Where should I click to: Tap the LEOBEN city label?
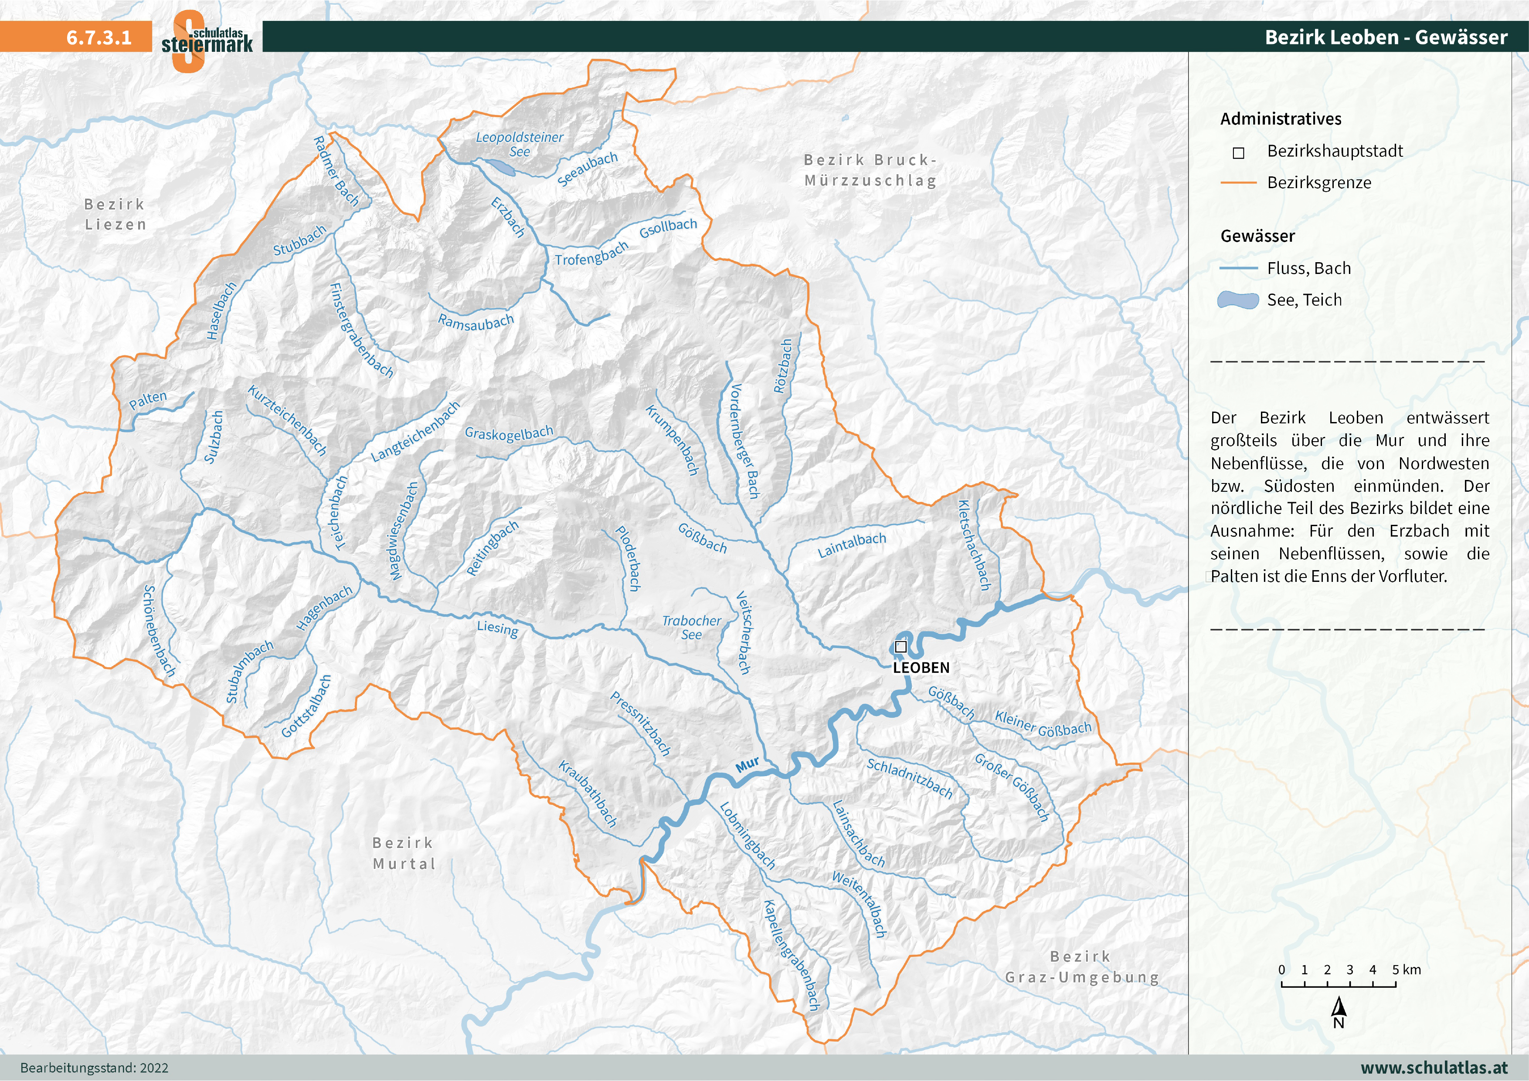click(x=921, y=668)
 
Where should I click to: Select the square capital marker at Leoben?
click(x=901, y=646)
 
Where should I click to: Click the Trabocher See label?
click(x=691, y=628)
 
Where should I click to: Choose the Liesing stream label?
click(x=497, y=628)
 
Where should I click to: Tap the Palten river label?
click(x=148, y=400)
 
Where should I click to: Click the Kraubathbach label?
click(x=588, y=794)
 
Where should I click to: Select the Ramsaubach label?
click(x=476, y=322)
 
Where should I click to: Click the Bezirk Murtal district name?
click(x=404, y=853)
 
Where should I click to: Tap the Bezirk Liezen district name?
click(x=115, y=214)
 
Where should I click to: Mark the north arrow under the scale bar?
click(x=1339, y=1012)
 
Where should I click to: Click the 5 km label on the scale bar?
click(x=1406, y=970)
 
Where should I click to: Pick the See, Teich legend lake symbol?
click(x=1238, y=300)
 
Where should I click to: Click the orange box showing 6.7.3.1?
click(x=76, y=37)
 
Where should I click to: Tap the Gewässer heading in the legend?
click(x=1257, y=236)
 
